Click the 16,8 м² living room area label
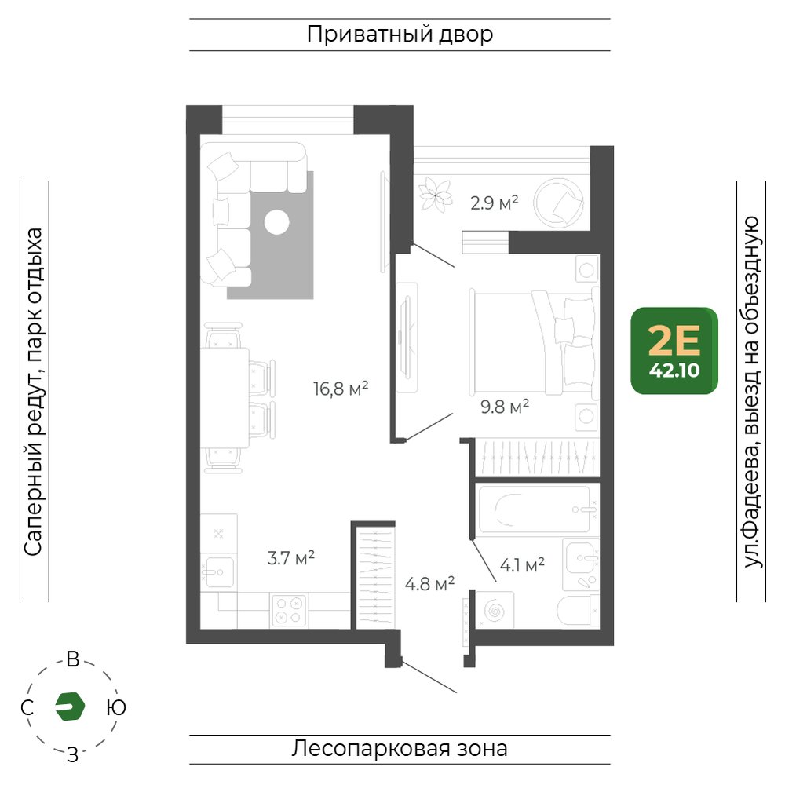341,388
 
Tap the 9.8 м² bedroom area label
505,407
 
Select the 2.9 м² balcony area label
494,203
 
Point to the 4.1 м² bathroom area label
522,565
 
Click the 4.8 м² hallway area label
429,584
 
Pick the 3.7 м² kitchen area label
291,557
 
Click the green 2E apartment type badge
674,350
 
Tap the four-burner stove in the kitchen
289,610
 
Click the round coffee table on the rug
277,222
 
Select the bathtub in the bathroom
535,509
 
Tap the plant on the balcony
435,194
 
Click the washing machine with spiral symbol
495,610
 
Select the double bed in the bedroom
534,342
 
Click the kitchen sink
218,571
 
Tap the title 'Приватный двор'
400,35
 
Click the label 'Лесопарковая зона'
400,749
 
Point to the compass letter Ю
116,707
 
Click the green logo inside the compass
70,706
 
